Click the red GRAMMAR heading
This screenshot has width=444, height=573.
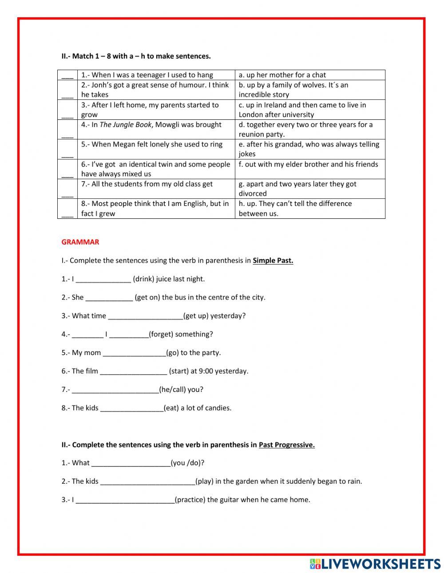pos(80,242)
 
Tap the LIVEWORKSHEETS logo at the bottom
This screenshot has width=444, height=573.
pos(375,564)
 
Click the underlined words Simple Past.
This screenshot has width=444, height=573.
pos(273,261)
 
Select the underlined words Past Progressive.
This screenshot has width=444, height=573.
pos(286,445)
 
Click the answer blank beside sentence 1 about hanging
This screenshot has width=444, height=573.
pos(67,76)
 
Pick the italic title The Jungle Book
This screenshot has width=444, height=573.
pos(125,125)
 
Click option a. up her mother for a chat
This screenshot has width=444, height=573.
pos(282,75)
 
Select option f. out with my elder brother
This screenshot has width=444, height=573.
pos(308,164)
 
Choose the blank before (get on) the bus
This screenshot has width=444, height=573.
pos(109,297)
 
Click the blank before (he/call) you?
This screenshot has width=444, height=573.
pos(115,390)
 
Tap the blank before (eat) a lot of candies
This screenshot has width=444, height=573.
pos(132,408)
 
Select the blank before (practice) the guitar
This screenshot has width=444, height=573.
pos(125,500)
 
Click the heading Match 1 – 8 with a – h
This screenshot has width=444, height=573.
pos(136,56)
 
